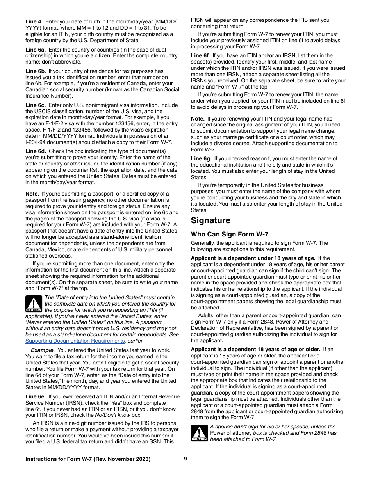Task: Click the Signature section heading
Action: point(210,221)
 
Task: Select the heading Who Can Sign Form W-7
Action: point(229,235)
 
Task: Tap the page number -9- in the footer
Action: point(185,459)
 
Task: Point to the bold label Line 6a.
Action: point(36,50)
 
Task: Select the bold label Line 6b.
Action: point(36,71)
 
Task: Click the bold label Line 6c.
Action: point(36,105)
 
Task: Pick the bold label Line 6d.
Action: point(36,151)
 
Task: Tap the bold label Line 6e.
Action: point(36,397)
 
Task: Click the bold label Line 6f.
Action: point(200,56)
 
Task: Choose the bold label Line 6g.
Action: point(201,159)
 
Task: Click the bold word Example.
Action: point(43,350)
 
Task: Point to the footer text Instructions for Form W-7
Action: point(87,459)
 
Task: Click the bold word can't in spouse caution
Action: point(240,427)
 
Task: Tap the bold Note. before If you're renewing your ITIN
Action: point(198,119)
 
